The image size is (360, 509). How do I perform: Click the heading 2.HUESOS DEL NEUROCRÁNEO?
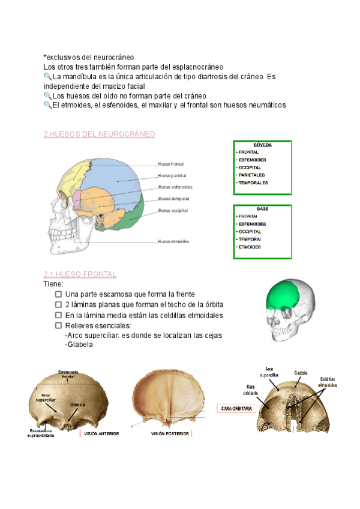tap(100, 134)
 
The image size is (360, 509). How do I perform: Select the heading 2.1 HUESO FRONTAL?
tap(80, 274)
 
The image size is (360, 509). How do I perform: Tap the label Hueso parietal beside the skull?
tap(172, 176)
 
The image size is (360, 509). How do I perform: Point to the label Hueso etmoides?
tap(173, 241)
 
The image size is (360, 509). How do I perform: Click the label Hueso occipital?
tap(173, 211)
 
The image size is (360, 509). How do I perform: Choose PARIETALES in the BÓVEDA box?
tap(253, 175)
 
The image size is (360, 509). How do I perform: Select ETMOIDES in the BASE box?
tap(249, 247)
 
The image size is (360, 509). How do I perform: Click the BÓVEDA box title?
tap(262, 145)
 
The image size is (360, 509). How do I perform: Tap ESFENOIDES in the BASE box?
tap(253, 223)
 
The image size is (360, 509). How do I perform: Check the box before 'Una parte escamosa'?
tap(59, 294)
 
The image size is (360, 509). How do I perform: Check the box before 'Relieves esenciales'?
tap(59, 325)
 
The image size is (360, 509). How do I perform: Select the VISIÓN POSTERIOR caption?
tap(170, 433)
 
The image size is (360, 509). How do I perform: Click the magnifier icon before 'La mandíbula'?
tap(48, 77)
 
